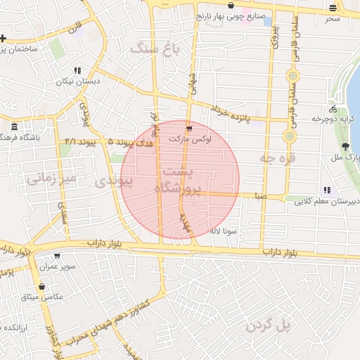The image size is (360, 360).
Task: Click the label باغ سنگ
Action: pyautogui.click(x=155, y=49)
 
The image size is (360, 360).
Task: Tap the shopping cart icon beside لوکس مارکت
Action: pyautogui.click(x=189, y=128)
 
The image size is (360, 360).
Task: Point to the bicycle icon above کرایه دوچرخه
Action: pyautogui.click(x=333, y=109)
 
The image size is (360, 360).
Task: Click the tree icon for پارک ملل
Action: pyautogui.click(x=345, y=146)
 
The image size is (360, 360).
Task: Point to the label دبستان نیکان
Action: pyautogui.click(x=76, y=82)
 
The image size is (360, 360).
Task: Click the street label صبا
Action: pyautogui.click(x=261, y=198)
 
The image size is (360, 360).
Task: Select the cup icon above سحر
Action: pyautogui.click(x=333, y=8)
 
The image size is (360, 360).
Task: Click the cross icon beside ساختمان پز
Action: pyautogui.click(x=4, y=38)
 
